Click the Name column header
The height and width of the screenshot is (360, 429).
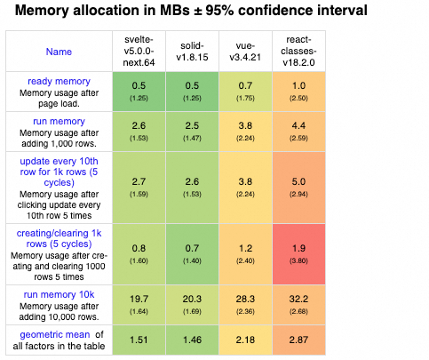point(59,52)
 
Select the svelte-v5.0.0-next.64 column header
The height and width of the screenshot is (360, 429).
point(139,51)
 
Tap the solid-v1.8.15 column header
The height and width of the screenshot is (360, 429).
point(192,52)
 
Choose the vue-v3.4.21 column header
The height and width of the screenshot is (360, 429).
point(245,52)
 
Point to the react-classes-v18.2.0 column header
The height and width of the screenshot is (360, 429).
point(298,51)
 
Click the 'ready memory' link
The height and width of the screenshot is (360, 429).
point(59,81)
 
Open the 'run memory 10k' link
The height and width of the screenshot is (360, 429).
point(59,294)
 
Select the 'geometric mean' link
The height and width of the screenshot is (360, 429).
point(55,334)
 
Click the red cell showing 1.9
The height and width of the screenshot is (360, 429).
point(298,254)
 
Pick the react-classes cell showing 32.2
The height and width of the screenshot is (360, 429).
point(298,305)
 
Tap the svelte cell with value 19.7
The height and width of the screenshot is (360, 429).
point(139,305)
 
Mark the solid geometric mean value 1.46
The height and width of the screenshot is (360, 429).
point(192,340)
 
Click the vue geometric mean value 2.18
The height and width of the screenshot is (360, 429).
point(245,340)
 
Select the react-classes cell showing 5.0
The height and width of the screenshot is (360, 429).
point(298,188)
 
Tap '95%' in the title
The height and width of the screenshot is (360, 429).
point(219,11)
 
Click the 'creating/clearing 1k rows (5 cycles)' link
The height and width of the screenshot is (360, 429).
point(59,238)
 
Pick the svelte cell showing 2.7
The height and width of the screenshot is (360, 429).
point(139,188)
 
